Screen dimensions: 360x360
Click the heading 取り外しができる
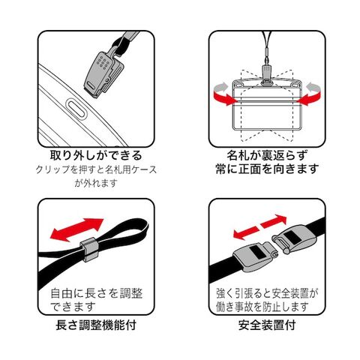pos(96,155)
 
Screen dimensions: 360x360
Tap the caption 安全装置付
pos(267,325)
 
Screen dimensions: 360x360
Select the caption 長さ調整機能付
pos(96,325)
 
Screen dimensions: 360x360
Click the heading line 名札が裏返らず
pos(267,155)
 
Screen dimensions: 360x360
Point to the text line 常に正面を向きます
pos(267,169)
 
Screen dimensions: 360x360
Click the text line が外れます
pos(96,183)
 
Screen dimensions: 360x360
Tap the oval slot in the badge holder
pos(76,109)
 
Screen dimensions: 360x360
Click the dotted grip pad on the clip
pos(103,63)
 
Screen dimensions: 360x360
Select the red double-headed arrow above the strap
pos(76,229)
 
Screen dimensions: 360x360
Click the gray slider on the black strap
pos(89,250)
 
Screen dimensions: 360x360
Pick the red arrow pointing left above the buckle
pos(245,232)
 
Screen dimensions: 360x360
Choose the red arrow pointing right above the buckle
pos(274,221)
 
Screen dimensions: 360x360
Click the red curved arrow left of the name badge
pos(224,95)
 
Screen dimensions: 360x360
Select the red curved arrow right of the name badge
pos(309,95)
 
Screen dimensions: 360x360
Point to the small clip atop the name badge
pos(267,74)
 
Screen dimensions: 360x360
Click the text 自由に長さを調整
pos(97,293)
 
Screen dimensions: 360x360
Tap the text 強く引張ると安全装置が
pos(267,293)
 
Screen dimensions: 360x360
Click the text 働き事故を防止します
pos(262,307)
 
